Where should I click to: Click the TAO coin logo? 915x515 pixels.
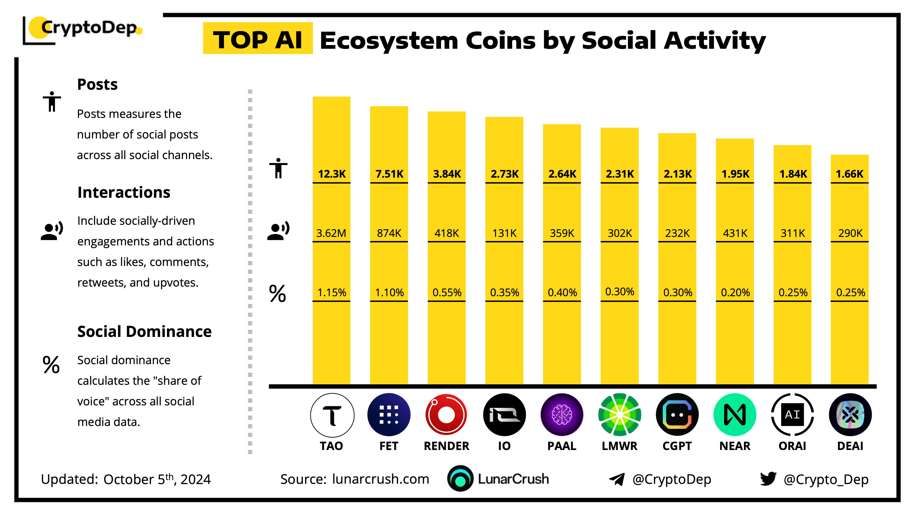pos(332,415)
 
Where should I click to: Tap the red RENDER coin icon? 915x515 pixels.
pos(446,415)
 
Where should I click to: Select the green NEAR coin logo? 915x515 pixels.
pos(735,415)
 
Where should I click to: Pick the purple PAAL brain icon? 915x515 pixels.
pos(562,415)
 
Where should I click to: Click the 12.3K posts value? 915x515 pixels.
pos(332,174)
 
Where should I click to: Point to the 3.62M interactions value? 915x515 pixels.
pos(331,233)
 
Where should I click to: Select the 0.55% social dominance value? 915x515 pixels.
pos(447,293)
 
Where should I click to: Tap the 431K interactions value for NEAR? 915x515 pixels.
pos(735,233)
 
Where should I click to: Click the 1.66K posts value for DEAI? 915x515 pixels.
pos(849,174)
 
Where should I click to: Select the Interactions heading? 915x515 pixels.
pos(124,192)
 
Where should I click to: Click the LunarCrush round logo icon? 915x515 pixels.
pos(460,478)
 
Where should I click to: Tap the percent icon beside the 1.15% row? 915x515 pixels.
pos(277,294)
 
